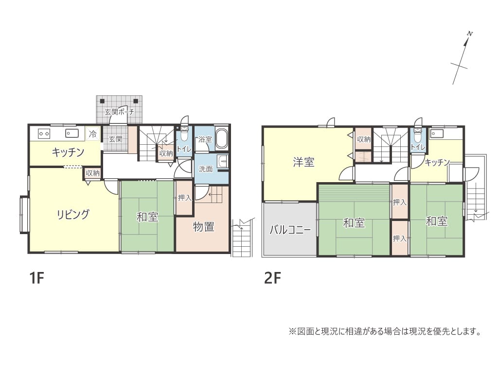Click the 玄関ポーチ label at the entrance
click(x=120, y=112)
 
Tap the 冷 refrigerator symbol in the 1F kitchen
click(x=92, y=134)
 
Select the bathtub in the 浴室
click(x=222, y=138)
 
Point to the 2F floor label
click(x=272, y=278)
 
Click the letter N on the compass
click(x=470, y=34)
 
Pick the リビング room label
click(x=73, y=215)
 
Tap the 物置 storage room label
click(x=204, y=227)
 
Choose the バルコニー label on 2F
click(x=290, y=230)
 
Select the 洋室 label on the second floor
click(x=303, y=162)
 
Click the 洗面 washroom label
click(x=206, y=169)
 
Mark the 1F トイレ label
click(x=184, y=149)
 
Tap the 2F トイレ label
click(x=418, y=147)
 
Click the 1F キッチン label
click(x=68, y=152)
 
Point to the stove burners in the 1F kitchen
click(x=44, y=134)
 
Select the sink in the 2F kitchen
click(x=436, y=134)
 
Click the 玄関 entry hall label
click(x=116, y=139)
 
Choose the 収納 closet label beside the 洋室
click(x=364, y=139)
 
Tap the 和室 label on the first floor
click(x=147, y=217)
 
